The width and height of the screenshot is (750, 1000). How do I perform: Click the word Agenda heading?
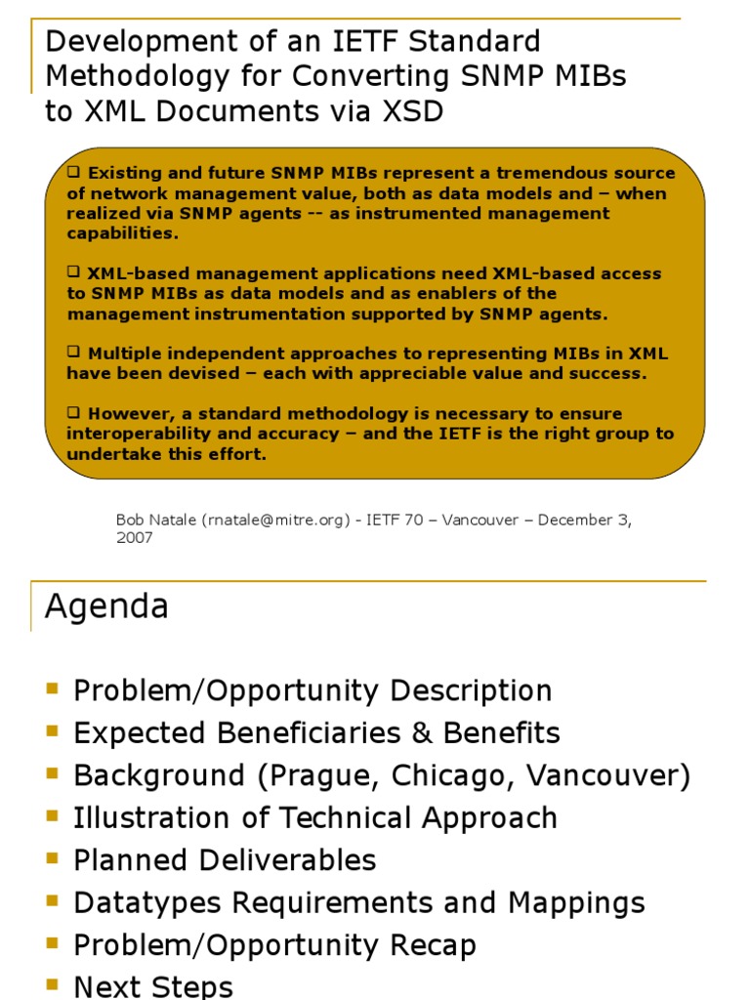[106, 607]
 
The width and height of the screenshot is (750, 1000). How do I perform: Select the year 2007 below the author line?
[134, 538]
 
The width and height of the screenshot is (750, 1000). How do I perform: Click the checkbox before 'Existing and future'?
[73, 172]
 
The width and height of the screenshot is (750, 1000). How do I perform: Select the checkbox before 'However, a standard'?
[73, 412]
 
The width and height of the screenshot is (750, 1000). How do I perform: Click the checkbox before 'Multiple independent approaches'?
[73, 352]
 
